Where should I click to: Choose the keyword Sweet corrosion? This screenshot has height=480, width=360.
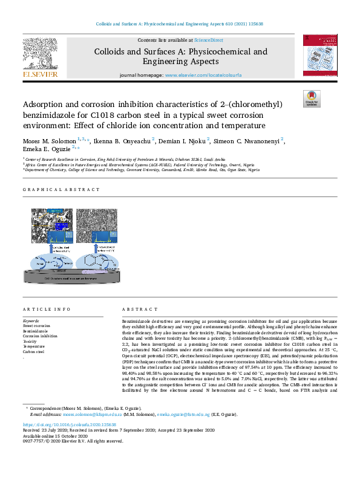pyautogui.click(x=37, y=326)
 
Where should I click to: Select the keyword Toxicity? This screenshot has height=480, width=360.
pyautogui.click(x=30, y=341)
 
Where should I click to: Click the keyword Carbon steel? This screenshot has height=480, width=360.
pyautogui.click(x=34, y=351)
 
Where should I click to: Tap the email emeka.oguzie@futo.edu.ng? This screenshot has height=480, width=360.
pyautogui.click(x=185, y=415)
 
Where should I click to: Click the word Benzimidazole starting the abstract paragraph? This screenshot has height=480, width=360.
pyautogui.click(x=137, y=321)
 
